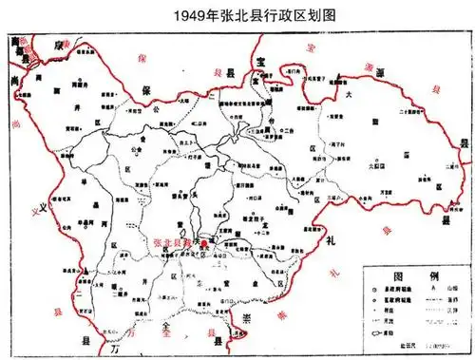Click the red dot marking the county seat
click(x=202, y=242)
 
